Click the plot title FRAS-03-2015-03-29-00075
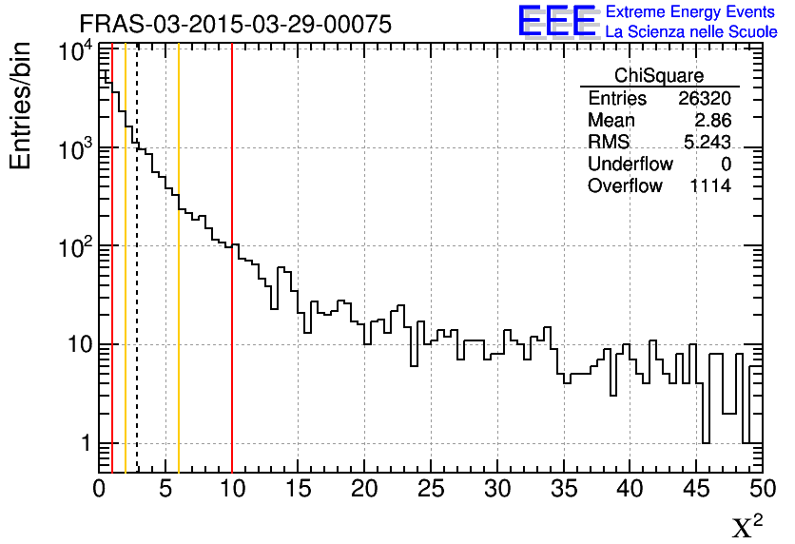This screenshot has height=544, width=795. (235, 25)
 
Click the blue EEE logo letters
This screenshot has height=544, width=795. (557, 21)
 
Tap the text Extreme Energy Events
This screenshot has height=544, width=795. (690, 12)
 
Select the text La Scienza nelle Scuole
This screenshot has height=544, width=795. (690, 31)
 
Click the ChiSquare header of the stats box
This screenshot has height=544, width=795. (659, 75)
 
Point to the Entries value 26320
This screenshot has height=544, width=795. (705, 99)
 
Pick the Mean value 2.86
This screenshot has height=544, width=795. (712, 121)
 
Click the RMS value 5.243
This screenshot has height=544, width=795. (708, 143)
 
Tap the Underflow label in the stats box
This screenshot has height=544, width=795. (630, 165)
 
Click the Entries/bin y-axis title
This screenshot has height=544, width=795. (21, 106)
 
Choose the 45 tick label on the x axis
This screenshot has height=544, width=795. (696, 490)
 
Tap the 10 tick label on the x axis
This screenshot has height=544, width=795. (232, 490)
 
